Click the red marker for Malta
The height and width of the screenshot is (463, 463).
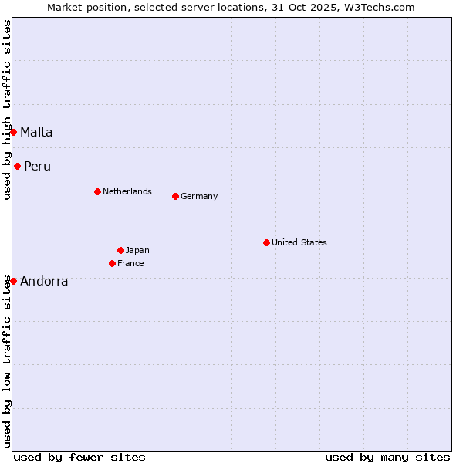[x=13, y=132]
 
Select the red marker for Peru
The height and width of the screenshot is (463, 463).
[x=17, y=166]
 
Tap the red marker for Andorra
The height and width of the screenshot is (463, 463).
[x=13, y=281]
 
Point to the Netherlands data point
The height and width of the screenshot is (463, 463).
[x=97, y=191]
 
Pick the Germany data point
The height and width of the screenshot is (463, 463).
[x=175, y=196]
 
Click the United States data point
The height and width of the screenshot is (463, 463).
[x=266, y=242]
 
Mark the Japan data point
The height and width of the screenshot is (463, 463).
[x=120, y=250]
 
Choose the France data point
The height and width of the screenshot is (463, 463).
[x=112, y=263]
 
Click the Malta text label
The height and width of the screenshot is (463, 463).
[x=36, y=132]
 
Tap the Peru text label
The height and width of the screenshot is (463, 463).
[x=37, y=166]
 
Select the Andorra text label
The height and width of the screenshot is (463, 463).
[x=44, y=281]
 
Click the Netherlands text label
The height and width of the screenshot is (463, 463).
[x=127, y=191]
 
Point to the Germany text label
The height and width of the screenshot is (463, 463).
[x=199, y=196]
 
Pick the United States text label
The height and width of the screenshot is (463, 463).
[x=299, y=242]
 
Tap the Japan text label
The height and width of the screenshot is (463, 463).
[x=137, y=250]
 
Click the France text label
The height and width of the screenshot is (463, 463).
[x=130, y=263]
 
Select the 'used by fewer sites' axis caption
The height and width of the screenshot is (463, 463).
[x=79, y=457]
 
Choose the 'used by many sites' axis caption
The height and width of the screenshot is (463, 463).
[x=387, y=457]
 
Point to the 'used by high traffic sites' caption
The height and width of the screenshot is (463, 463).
[x=8, y=110]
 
